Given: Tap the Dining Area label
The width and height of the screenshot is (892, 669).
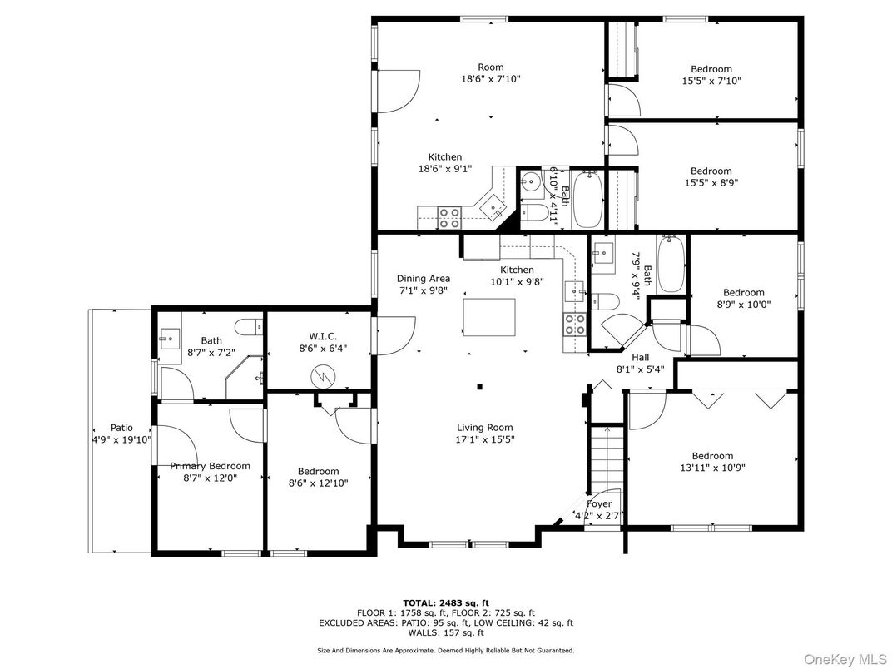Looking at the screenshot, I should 423,279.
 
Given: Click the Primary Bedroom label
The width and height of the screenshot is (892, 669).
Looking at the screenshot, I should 210,466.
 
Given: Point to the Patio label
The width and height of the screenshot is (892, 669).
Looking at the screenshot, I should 121,428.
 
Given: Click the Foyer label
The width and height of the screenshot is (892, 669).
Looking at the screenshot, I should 599,503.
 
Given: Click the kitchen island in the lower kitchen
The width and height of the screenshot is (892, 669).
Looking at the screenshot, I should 488,315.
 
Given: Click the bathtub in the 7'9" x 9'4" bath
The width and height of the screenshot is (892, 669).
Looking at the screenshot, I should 671,265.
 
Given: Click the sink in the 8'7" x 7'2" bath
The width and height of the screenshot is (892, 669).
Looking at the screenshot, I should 171,338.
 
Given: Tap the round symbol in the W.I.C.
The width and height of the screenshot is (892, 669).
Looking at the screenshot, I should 321,376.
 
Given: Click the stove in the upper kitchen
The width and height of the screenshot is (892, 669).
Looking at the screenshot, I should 449,218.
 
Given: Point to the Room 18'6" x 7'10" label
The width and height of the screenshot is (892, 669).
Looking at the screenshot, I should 491,73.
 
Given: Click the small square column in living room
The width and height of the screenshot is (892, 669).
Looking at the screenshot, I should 479,386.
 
